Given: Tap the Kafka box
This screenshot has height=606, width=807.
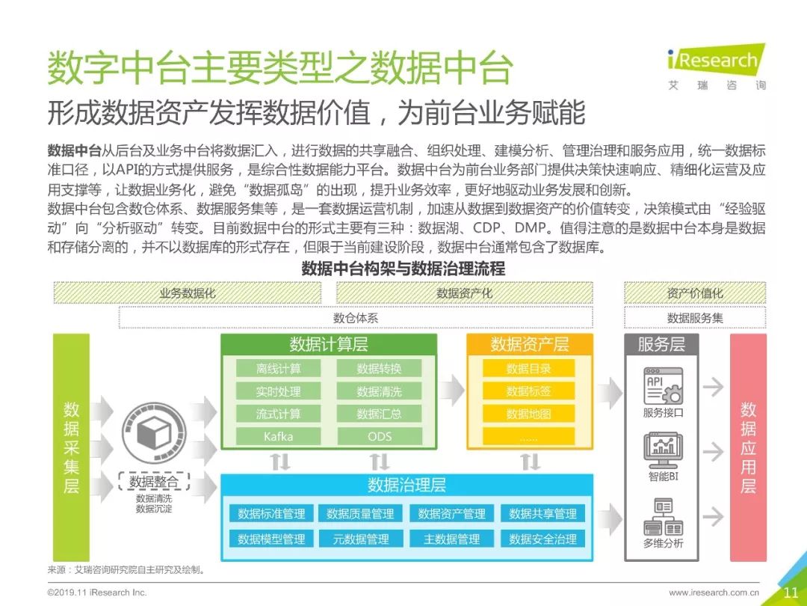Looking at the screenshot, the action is click(x=278, y=436).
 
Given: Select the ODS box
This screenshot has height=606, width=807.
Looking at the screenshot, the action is click(x=379, y=436).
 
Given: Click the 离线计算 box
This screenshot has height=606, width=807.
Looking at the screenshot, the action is click(x=278, y=368).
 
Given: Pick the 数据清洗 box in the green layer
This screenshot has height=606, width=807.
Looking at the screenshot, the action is click(x=379, y=391).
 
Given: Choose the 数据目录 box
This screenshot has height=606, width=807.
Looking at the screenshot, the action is click(x=528, y=368).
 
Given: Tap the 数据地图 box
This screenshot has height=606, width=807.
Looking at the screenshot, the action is click(x=528, y=414).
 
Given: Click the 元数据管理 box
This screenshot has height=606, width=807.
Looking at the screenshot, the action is click(x=362, y=539).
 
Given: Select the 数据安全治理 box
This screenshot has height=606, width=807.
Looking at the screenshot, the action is click(x=542, y=539).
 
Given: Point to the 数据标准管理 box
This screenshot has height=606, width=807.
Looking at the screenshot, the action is click(x=271, y=514).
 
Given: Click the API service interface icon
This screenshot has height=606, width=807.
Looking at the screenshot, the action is click(x=662, y=386).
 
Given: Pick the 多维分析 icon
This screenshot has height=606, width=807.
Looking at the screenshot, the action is click(x=662, y=516).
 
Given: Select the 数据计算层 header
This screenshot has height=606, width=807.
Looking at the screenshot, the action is click(x=329, y=344).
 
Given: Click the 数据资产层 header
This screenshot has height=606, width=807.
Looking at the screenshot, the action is click(x=529, y=344).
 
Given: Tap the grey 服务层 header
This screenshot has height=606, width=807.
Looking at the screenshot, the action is click(x=661, y=344).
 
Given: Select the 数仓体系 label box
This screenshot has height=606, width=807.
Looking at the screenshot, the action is click(x=356, y=318).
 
